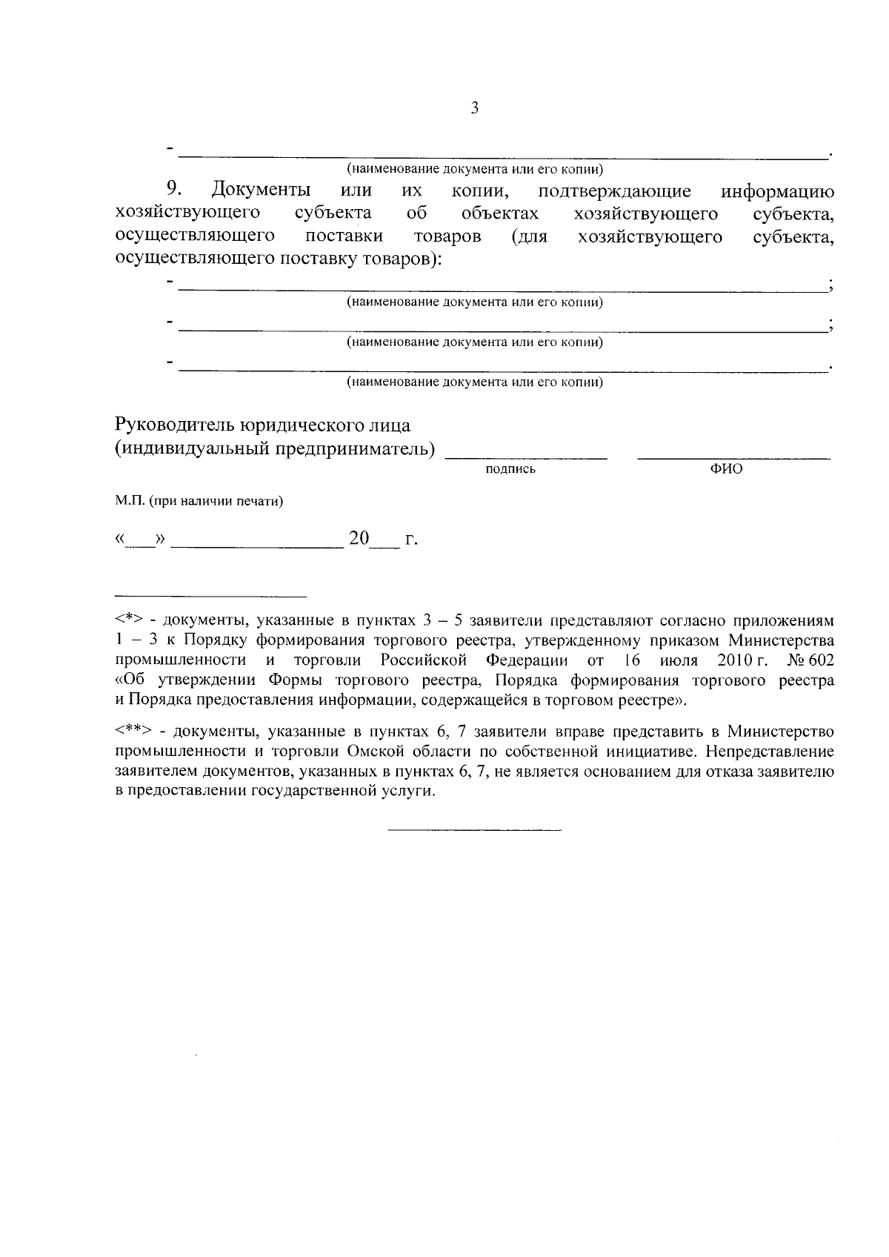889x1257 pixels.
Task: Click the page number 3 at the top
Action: pos(475,108)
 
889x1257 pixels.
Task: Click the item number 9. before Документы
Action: pos(175,190)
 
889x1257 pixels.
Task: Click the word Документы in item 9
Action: pos(260,191)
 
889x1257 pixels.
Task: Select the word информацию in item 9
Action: pos(778,192)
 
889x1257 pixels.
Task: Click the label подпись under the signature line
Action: pos(510,469)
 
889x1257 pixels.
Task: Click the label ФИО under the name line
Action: pos(726,469)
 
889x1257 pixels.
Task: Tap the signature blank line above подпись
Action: pos(525,458)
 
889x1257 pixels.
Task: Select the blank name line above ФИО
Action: pos(733,458)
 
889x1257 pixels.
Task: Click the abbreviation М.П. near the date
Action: pos(129,502)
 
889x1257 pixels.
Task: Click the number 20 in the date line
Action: pos(359,539)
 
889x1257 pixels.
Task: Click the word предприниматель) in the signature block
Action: pos(355,450)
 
